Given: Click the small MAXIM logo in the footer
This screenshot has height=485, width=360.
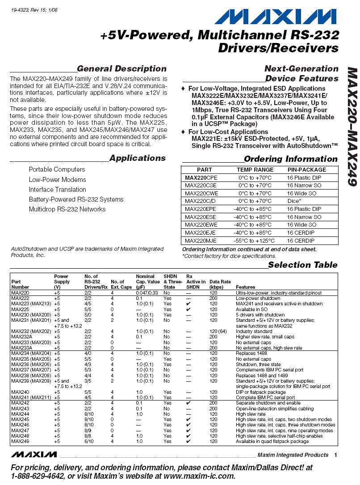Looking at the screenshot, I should (x=34, y=455).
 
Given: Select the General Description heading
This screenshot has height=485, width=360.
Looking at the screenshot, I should (x=121, y=69).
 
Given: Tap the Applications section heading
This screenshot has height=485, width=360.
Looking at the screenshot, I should (x=137, y=158).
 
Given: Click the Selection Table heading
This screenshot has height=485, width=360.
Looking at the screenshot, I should (x=302, y=265).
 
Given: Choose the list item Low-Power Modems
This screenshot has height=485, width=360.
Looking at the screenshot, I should (x=58, y=180).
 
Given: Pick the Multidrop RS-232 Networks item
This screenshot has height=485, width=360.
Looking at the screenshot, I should (x=67, y=209).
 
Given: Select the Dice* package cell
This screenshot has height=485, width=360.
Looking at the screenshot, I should (x=294, y=201).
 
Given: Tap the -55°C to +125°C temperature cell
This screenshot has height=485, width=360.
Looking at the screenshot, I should (x=255, y=240).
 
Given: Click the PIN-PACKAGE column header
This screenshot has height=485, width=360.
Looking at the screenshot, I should (x=306, y=170).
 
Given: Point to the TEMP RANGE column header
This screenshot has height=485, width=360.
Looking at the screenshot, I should (x=255, y=170).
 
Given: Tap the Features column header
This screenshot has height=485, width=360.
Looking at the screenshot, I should (x=245, y=287).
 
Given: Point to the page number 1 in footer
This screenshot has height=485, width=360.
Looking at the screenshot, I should (x=335, y=455).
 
